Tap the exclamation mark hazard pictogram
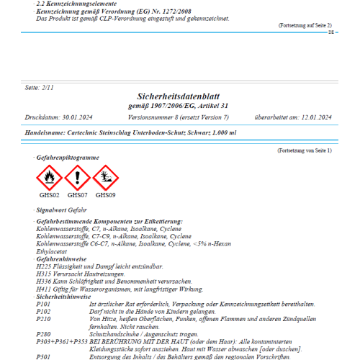77,177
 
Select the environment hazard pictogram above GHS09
105,177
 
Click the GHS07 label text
77,194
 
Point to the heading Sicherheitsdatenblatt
179,96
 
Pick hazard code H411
43,288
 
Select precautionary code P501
43,357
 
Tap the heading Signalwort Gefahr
61,209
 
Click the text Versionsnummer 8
154,117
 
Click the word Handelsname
44,133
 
